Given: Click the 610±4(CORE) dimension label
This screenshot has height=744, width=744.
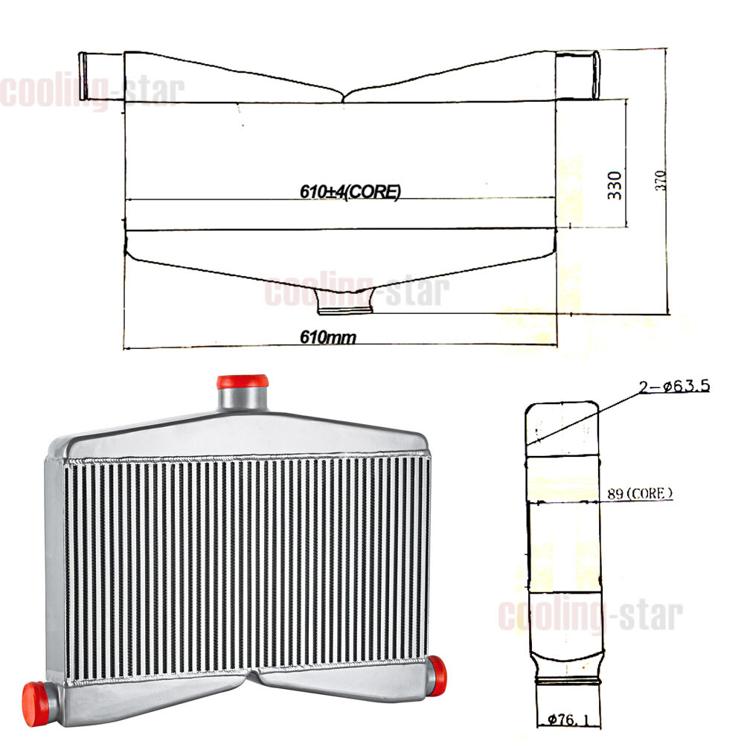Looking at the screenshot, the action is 350,191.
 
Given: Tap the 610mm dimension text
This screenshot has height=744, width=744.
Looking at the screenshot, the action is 328,337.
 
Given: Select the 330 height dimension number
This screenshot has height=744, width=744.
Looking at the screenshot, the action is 615,185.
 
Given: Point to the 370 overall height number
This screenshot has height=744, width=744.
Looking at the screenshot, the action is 661,181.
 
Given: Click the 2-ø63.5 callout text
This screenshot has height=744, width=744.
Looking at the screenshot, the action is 674,386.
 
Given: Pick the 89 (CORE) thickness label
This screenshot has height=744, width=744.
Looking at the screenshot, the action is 640,493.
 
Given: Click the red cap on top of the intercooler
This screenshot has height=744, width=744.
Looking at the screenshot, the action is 243,382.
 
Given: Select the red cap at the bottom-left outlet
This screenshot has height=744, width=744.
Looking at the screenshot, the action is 36,704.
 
